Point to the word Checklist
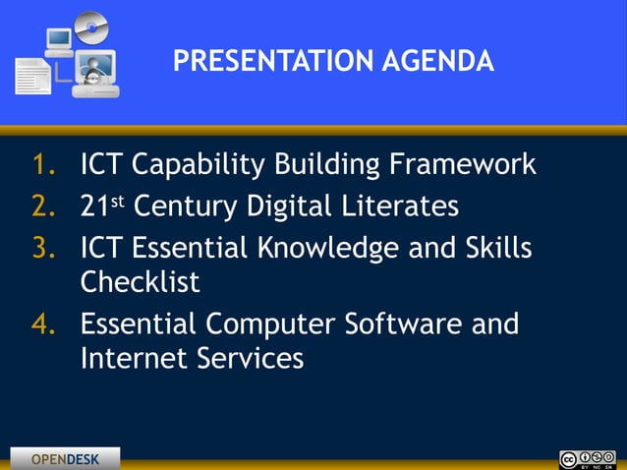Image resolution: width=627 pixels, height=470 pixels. tap(140, 282)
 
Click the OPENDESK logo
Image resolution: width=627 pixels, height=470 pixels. tap(65, 459)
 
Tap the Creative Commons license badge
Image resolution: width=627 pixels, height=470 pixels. tap(587, 459)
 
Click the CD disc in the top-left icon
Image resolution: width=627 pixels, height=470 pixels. tap(90, 27)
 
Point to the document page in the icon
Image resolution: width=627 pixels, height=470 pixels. tap(31, 77)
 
